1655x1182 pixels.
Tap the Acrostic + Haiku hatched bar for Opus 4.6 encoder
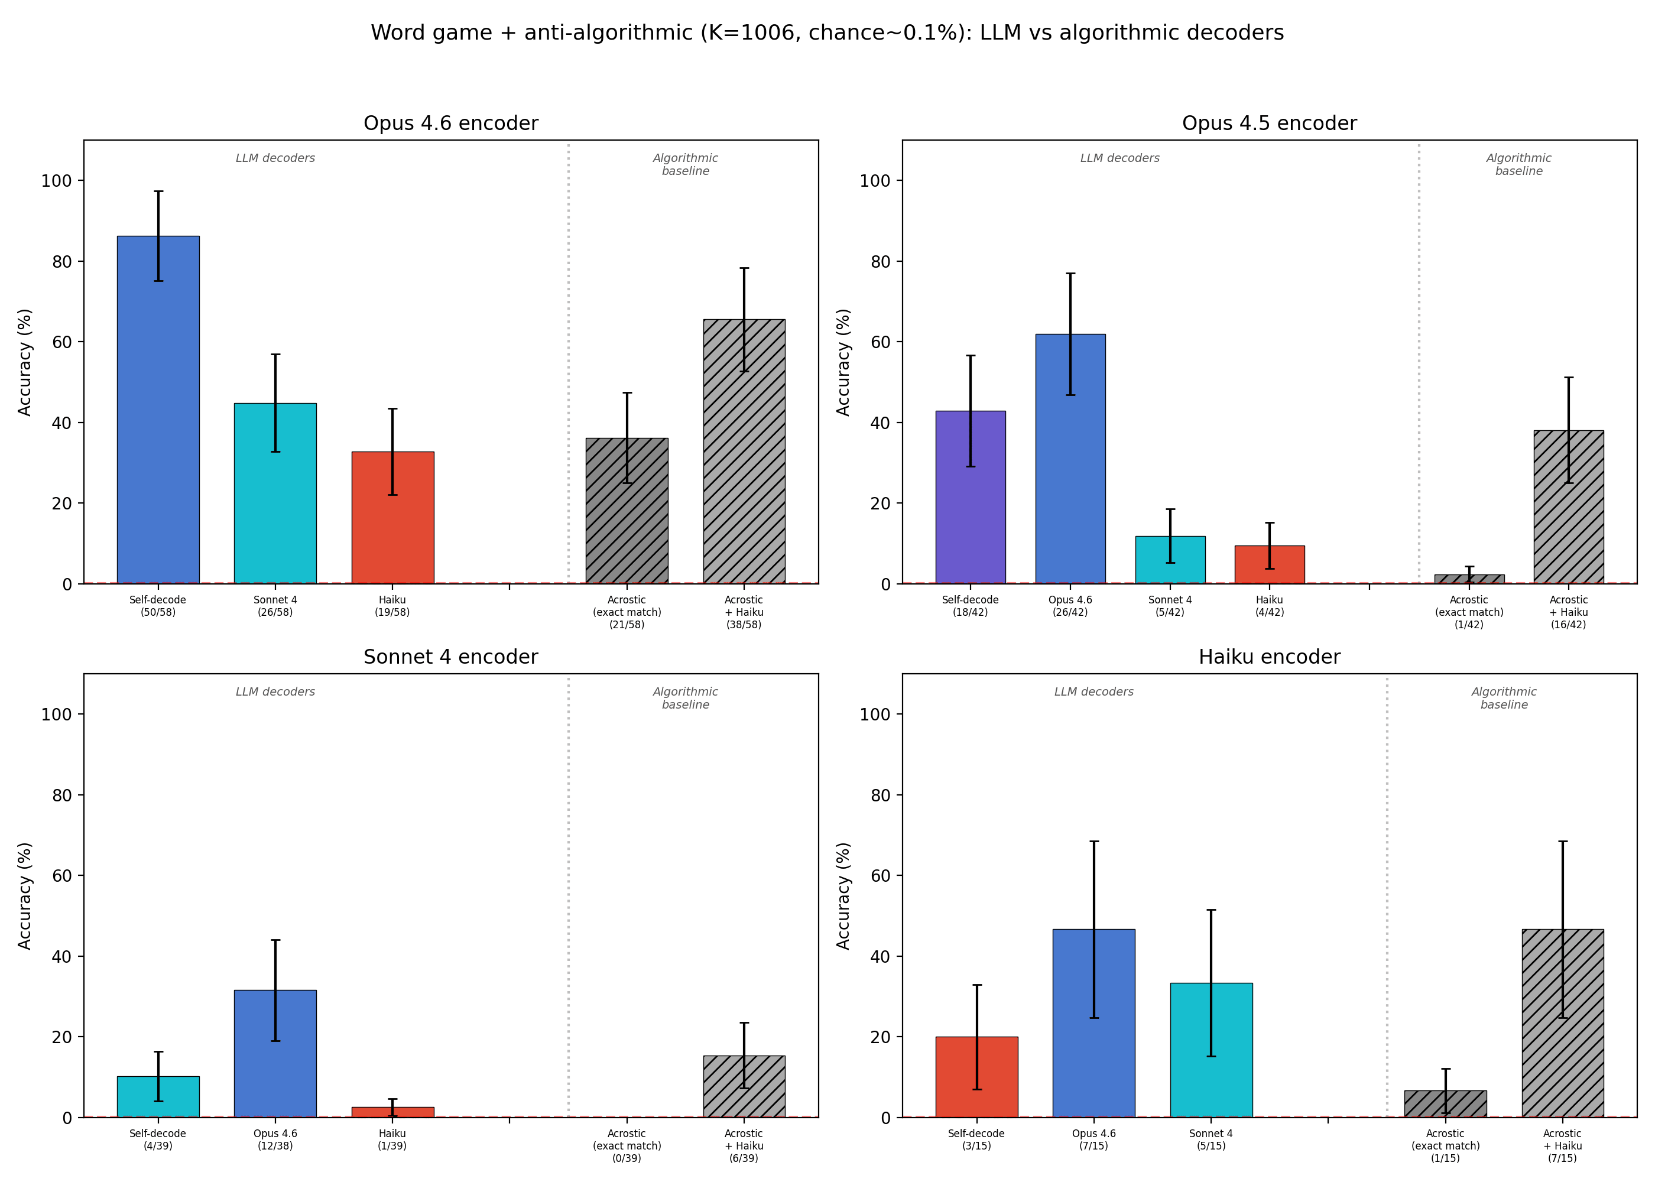[x=744, y=452]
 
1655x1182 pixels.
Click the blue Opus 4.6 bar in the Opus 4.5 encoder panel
[x=1070, y=459]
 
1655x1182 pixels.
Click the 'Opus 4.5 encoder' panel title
[x=1268, y=123]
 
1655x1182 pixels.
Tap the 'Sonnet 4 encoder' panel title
[x=450, y=657]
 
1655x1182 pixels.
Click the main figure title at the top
[x=827, y=33]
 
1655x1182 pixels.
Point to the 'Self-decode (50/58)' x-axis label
[x=158, y=606]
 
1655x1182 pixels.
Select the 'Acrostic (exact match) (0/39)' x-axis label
[x=627, y=1145]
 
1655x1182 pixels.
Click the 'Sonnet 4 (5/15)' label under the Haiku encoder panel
[x=1211, y=1139]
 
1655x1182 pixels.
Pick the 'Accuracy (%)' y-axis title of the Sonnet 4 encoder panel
[x=25, y=895]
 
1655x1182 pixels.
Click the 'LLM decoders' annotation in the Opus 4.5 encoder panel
[x=1119, y=158]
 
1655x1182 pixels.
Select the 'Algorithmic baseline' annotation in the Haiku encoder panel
[x=1504, y=698]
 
